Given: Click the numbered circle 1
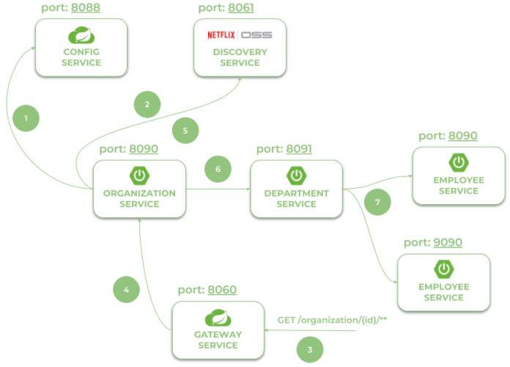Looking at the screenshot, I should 26,117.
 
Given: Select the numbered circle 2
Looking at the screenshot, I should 147,105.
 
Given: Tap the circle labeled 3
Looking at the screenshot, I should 310,349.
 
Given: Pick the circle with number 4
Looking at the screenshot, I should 127,289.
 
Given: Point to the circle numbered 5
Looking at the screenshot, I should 185,131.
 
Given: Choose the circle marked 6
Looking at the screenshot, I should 218,168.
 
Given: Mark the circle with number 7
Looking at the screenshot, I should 377,201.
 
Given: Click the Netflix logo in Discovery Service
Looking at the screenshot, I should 222,34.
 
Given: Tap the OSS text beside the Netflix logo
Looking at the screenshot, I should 256,34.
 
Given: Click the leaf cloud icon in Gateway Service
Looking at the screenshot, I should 218,317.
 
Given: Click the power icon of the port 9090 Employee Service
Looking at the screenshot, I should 443,268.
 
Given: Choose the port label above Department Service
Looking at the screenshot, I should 284,149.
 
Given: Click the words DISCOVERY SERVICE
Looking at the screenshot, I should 240,57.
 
